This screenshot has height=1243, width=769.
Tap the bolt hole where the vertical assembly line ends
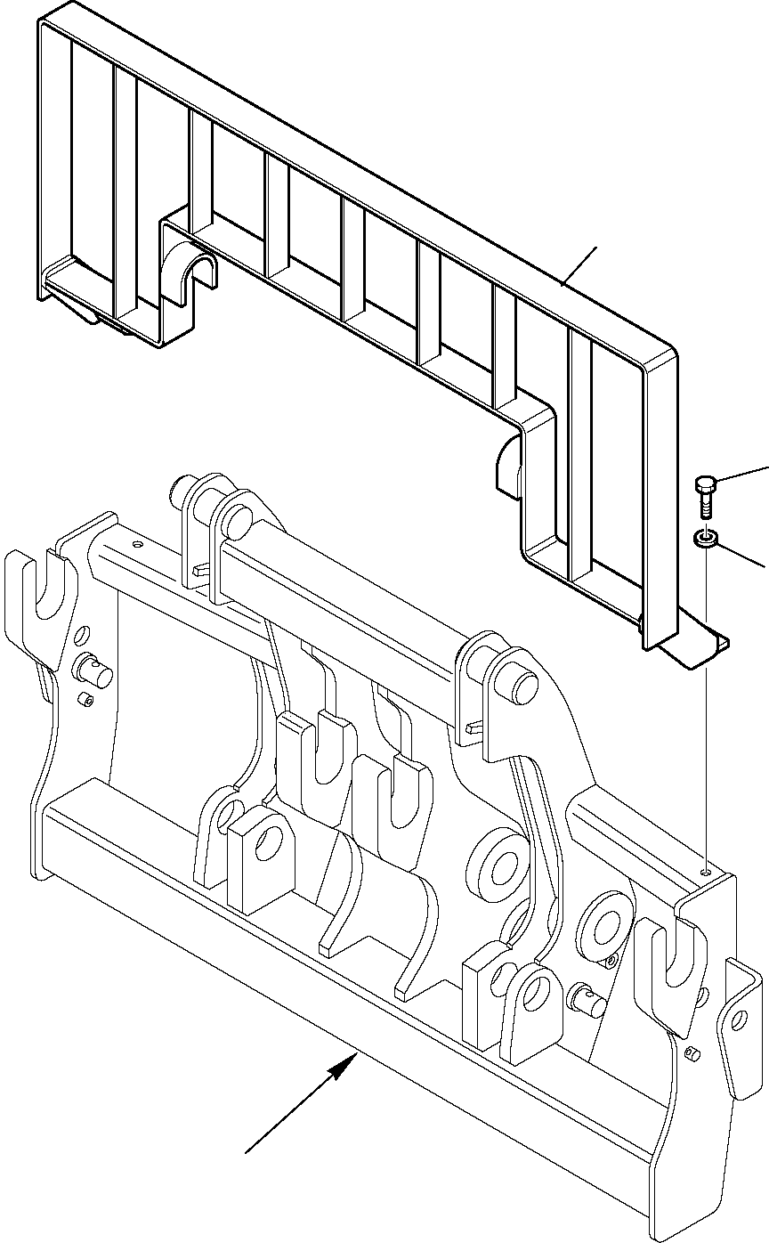[705, 873]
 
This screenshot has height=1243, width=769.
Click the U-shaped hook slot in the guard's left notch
[192, 267]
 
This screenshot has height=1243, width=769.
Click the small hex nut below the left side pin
[88, 700]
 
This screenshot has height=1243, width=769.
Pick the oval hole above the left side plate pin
[82, 635]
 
